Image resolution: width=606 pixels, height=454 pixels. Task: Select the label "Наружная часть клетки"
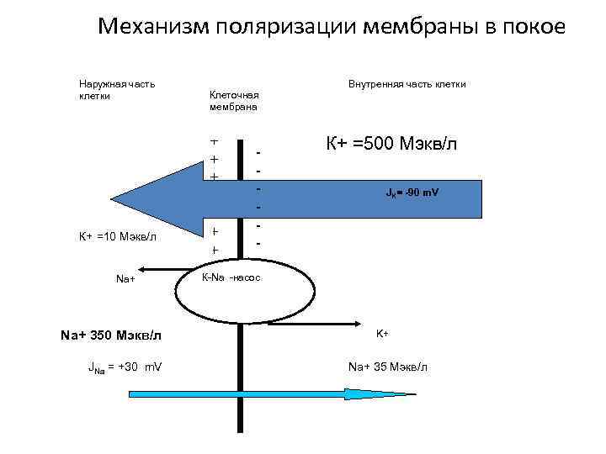[x=116, y=89]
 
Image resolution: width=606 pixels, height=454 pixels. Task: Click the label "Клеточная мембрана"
[x=233, y=101]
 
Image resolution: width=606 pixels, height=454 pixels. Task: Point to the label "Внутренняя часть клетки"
[x=407, y=84]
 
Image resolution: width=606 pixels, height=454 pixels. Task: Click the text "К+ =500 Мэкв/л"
[x=391, y=142]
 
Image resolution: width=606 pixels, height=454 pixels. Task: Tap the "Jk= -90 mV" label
[x=412, y=193]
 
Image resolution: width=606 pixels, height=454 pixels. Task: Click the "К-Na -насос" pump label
[x=232, y=277]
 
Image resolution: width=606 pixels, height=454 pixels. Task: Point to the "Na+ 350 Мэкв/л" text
[x=111, y=335]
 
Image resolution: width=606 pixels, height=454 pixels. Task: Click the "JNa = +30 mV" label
[x=125, y=367]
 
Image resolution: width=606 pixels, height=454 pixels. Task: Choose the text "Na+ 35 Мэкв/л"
[x=388, y=367]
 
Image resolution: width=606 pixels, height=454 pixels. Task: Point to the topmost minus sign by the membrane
[x=259, y=152]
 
